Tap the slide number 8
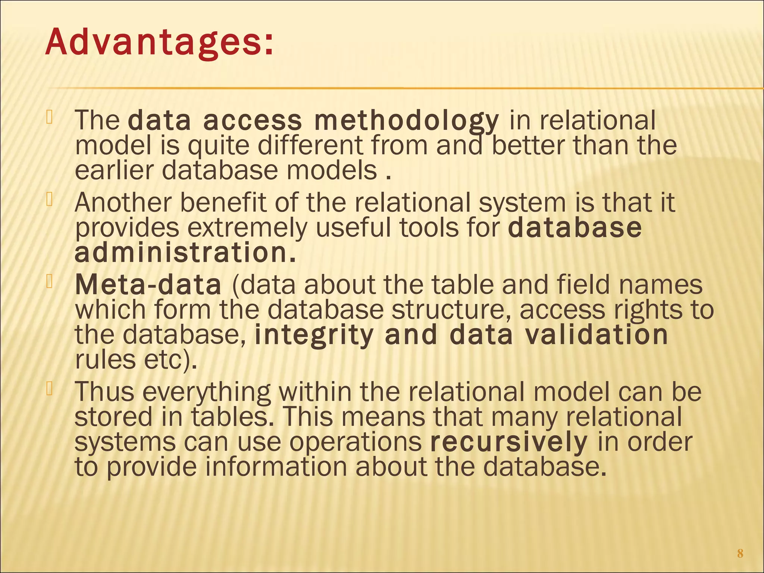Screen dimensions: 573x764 coord(740,553)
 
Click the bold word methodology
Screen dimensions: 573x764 coord(406,121)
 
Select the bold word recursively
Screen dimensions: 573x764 coord(509,443)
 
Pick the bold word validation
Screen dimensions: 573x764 coord(596,335)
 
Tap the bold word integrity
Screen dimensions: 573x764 coord(314,335)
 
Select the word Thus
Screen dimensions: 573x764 coord(104,392)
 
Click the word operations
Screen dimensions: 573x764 coord(355,443)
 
